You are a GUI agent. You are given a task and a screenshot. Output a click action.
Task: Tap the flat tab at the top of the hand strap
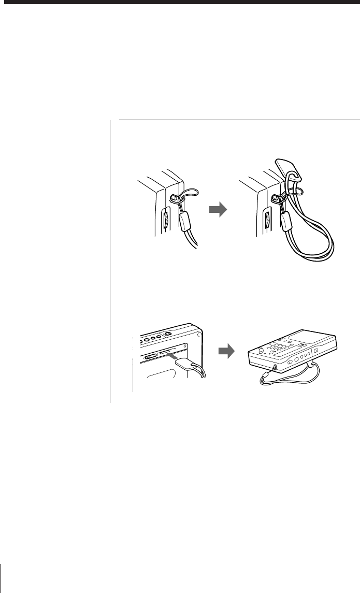pos(288,167)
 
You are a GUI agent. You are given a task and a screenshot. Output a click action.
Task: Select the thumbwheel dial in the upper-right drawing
pos(266,221)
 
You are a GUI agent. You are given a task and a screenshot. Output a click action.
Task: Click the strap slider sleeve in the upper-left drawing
pos(186,222)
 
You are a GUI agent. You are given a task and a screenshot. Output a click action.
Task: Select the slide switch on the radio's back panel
pos(151,356)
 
